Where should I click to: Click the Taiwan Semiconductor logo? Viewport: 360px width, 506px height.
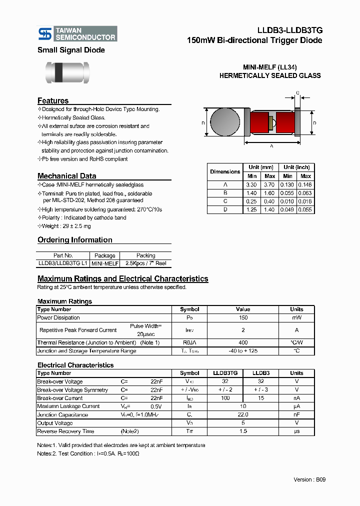(x=77, y=33)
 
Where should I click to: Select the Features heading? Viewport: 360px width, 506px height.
(x=53, y=101)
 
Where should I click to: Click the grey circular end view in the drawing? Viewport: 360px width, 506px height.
(x=224, y=122)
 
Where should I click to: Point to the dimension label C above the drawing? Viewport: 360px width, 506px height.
(x=297, y=93)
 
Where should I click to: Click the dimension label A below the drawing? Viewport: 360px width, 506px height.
(x=271, y=146)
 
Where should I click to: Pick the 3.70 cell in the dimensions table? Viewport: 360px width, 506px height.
(x=269, y=184)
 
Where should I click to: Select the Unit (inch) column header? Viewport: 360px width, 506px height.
(x=296, y=167)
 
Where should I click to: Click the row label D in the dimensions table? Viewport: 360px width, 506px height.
(x=225, y=209)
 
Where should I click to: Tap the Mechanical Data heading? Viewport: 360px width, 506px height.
(x=66, y=176)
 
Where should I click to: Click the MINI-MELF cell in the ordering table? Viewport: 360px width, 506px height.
(x=105, y=263)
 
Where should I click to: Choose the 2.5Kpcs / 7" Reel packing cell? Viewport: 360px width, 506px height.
(x=145, y=263)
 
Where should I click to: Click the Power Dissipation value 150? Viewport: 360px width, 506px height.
(x=243, y=317)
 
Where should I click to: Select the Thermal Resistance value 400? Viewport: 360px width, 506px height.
(x=243, y=342)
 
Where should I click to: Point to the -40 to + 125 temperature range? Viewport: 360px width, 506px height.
(x=243, y=351)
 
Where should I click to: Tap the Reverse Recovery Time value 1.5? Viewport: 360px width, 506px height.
(x=243, y=431)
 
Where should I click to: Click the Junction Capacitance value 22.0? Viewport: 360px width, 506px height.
(x=243, y=414)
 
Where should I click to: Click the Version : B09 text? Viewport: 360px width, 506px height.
(x=309, y=479)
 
